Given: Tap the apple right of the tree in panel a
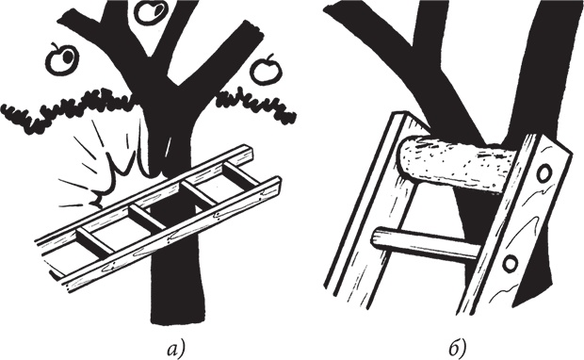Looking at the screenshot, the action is click(265, 70).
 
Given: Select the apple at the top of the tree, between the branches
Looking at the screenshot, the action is click(151, 12).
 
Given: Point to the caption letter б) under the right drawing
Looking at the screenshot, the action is click(457, 349).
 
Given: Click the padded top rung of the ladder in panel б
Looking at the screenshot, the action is click(456, 163).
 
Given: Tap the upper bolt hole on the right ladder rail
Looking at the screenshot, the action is click(543, 172).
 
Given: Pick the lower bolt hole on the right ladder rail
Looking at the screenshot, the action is click(511, 264).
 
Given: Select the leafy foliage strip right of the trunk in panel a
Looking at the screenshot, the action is click(257, 105).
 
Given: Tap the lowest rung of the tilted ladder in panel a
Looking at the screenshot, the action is click(96, 240).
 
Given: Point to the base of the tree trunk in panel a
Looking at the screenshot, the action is click(178, 315).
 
